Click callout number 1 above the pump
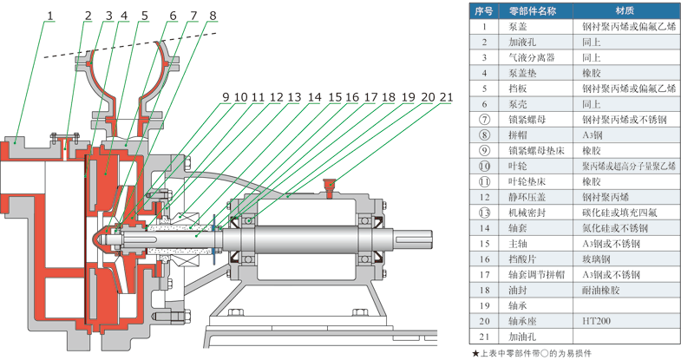point(50,15)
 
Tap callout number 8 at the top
point(213,15)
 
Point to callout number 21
point(446,97)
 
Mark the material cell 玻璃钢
point(598,259)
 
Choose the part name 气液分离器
point(531,57)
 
